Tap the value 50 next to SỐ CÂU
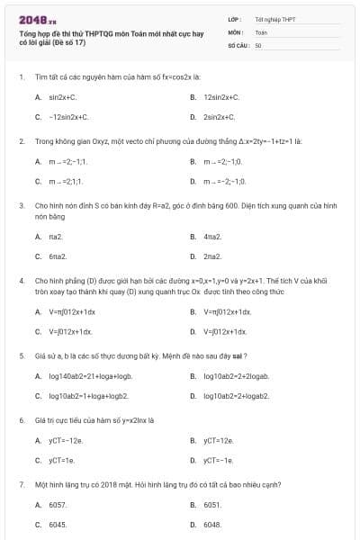tap(258, 44)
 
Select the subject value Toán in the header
tap(261, 31)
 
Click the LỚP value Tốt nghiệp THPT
tap(274, 19)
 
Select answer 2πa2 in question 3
tap(213, 257)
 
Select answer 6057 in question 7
tap(58, 505)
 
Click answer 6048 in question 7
tap(213, 525)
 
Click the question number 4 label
tap(22, 281)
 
